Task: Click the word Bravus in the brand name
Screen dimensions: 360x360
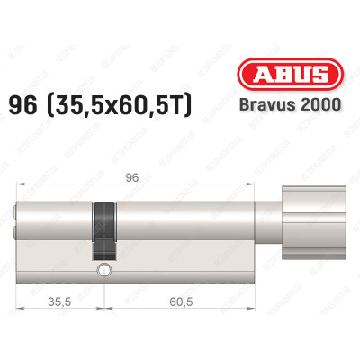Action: pyautogui.click(x=277, y=81)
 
